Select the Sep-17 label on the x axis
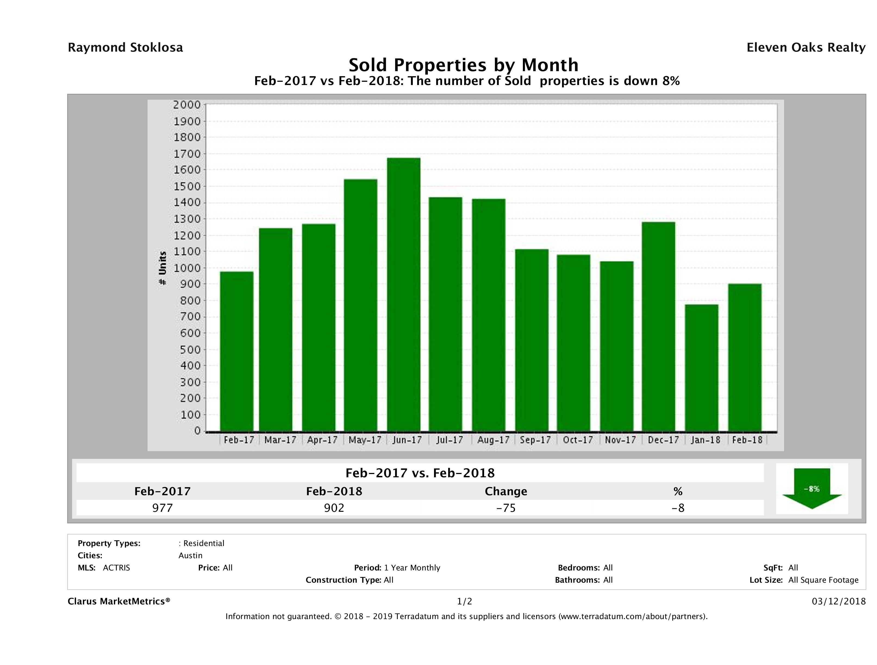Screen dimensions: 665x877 point(535,440)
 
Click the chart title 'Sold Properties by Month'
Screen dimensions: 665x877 point(463,65)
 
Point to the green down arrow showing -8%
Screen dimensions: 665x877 point(812,489)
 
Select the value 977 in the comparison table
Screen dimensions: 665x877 point(163,508)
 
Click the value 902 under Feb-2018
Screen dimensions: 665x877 point(334,508)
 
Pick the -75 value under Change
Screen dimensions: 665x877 point(506,508)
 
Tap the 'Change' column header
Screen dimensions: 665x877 point(506,491)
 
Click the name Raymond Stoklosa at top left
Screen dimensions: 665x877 point(125,48)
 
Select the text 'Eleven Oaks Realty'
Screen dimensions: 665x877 point(806,48)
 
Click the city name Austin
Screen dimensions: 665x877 point(190,556)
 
